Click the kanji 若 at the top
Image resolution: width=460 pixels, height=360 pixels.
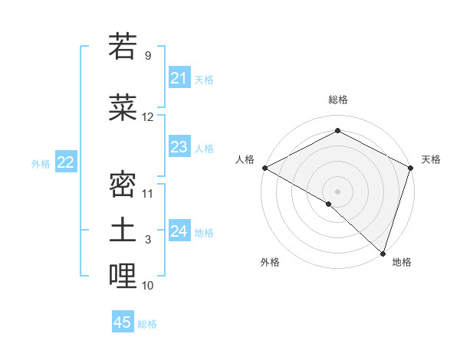tap(123, 47)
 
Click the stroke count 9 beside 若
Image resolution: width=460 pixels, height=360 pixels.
tap(147, 56)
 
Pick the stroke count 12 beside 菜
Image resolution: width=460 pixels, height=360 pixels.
tap(148, 117)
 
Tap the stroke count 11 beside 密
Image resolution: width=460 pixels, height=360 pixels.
tap(148, 193)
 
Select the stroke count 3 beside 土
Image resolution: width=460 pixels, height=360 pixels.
tap(147, 241)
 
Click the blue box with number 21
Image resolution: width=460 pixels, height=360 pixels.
tap(179, 78)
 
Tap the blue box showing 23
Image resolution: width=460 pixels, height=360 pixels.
tap(179, 147)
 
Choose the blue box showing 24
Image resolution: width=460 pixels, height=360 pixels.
tap(179, 231)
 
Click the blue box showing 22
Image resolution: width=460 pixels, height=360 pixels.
tap(65, 162)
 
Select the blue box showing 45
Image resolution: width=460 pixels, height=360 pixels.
tap(123, 322)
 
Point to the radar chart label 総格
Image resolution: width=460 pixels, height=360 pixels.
tap(337, 100)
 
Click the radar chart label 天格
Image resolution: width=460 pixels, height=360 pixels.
tap(431, 159)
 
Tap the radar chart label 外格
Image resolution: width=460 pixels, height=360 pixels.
tap(270, 262)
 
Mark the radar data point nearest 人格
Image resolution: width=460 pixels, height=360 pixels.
tap(264, 168)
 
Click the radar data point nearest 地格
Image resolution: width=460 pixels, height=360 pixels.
tap(383, 254)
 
